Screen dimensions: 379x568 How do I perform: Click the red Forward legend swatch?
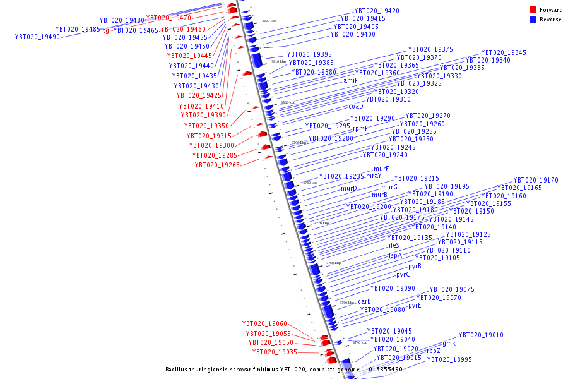[x=533, y=10]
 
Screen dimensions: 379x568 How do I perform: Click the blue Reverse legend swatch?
[x=533, y=20]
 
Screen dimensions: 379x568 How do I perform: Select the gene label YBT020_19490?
[x=37, y=37]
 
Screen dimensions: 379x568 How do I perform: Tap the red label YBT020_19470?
[x=169, y=18]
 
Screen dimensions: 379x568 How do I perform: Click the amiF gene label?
[x=350, y=81]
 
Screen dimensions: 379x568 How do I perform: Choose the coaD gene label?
[x=356, y=107]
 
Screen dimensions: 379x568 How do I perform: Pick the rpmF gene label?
[x=360, y=128]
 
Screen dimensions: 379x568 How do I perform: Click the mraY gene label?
[x=375, y=176]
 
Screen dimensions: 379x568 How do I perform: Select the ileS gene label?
[x=394, y=245]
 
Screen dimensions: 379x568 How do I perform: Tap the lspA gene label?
[x=395, y=256]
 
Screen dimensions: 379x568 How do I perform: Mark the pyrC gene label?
[x=403, y=274]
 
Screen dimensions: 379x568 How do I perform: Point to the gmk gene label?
[x=449, y=344]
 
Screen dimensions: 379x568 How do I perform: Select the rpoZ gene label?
[x=434, y=351]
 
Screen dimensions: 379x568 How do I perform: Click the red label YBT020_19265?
[x=217, y=165]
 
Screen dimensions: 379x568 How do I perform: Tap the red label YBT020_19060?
[x=264, y=324]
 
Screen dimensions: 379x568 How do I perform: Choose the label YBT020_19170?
[x=535, y=181]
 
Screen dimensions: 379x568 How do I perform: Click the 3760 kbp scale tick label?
[x=333, y=263]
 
